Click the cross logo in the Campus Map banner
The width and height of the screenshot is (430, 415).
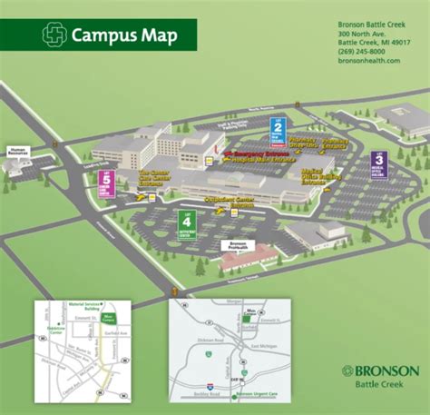click(x=55, y=35)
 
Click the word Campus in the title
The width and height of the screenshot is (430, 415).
click(x=101, y=35)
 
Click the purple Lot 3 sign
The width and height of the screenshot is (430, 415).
click(x=378, y=164)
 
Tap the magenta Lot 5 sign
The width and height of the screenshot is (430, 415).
click(x=106, y=184)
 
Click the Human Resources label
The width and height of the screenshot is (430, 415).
click(x=19, y=152)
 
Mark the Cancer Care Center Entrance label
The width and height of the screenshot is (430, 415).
click(x=153, y=177)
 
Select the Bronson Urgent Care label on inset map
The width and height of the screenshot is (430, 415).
click(x=263, y=395)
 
